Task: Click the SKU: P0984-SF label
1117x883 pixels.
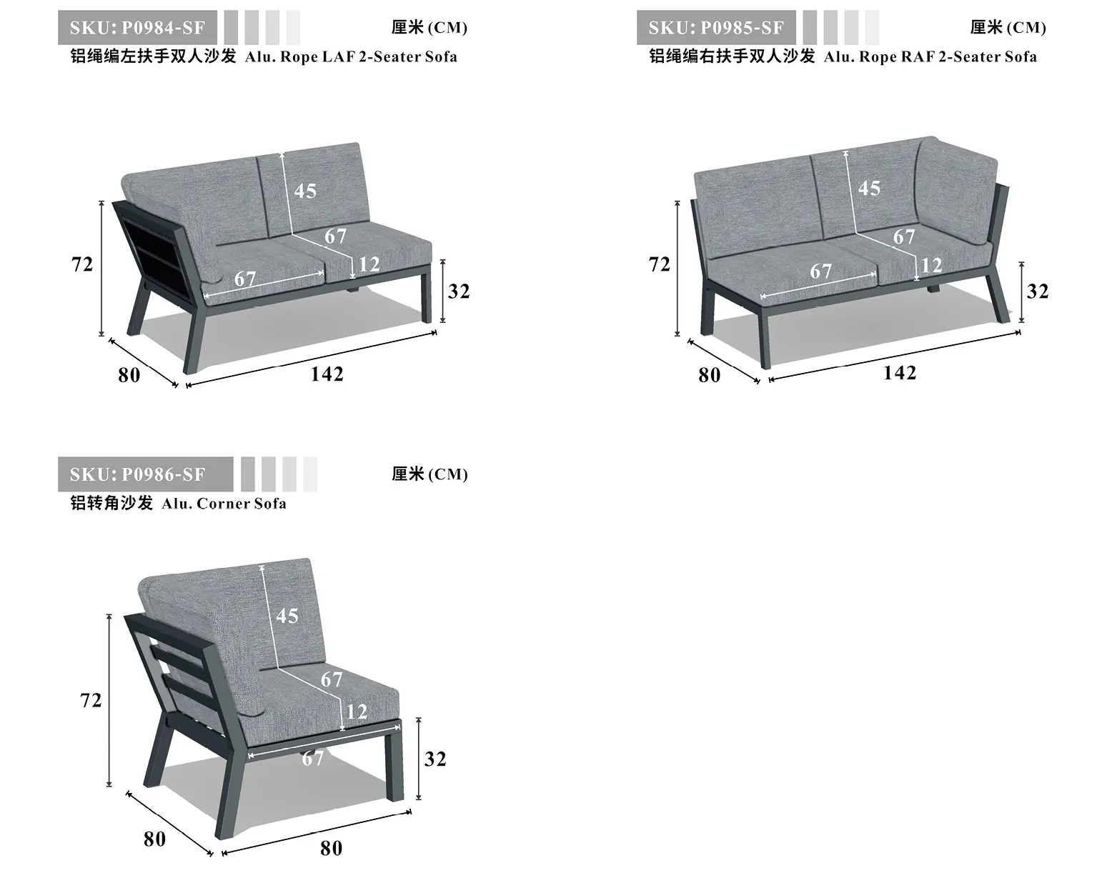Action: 137,27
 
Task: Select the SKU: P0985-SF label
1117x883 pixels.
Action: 716,27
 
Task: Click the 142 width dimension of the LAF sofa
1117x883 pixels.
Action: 327,374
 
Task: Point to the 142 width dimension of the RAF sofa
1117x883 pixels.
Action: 900,372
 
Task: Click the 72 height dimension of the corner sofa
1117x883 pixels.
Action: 91,700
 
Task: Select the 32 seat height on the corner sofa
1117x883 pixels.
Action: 435,759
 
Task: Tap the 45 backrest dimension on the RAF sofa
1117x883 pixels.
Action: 869,188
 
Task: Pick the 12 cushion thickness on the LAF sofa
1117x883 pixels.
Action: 369,264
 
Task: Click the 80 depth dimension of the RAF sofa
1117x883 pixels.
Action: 710,375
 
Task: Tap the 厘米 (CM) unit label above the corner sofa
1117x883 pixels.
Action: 430,474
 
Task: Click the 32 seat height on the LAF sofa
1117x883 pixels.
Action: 459,291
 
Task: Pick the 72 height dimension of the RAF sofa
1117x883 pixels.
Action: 660,264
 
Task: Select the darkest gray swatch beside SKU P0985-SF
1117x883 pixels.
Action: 810,27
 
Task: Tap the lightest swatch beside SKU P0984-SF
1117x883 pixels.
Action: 293,27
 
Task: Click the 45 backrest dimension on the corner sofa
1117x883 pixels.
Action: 287,616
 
